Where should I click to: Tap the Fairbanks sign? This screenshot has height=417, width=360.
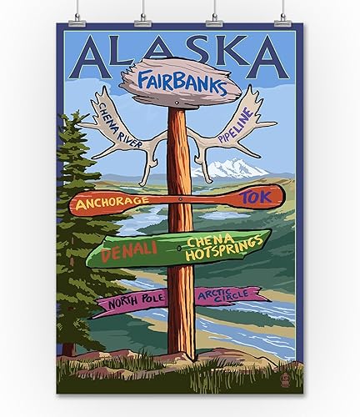(x=180, y=81)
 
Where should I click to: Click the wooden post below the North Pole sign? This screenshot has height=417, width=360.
(x=180, y=334)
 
